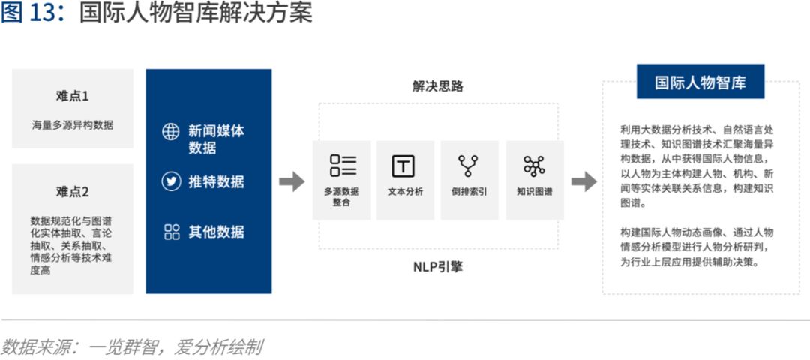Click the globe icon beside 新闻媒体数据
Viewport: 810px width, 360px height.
tap(171, 132)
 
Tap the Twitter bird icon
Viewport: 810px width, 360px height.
tap(171, 181)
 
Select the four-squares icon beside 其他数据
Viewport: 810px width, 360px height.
tap(172, 232)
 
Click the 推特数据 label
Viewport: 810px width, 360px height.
tap(216, 181)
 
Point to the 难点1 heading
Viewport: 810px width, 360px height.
tap(72, 95)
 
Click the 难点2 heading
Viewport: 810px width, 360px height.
tap(72, 191)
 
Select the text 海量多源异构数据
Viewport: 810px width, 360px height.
tap(72, 124)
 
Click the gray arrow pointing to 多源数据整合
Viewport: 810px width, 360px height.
tap(292, 181)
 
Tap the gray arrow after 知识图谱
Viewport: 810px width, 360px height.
tap(583, 181)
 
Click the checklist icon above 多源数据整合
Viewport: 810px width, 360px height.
tap(343, 165)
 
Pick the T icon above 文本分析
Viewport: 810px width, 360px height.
tap(403, 166)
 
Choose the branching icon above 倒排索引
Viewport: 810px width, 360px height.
tap(469, 166)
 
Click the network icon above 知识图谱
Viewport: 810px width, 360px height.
tap(534, 166)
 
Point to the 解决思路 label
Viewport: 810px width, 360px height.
tap(438, 86)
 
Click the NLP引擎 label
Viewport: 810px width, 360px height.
tap(438, 267)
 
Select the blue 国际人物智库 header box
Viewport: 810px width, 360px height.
tap(700, 81)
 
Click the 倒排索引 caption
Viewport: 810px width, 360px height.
tap(469, 191)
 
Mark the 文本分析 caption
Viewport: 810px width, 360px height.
tap(405, 191)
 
